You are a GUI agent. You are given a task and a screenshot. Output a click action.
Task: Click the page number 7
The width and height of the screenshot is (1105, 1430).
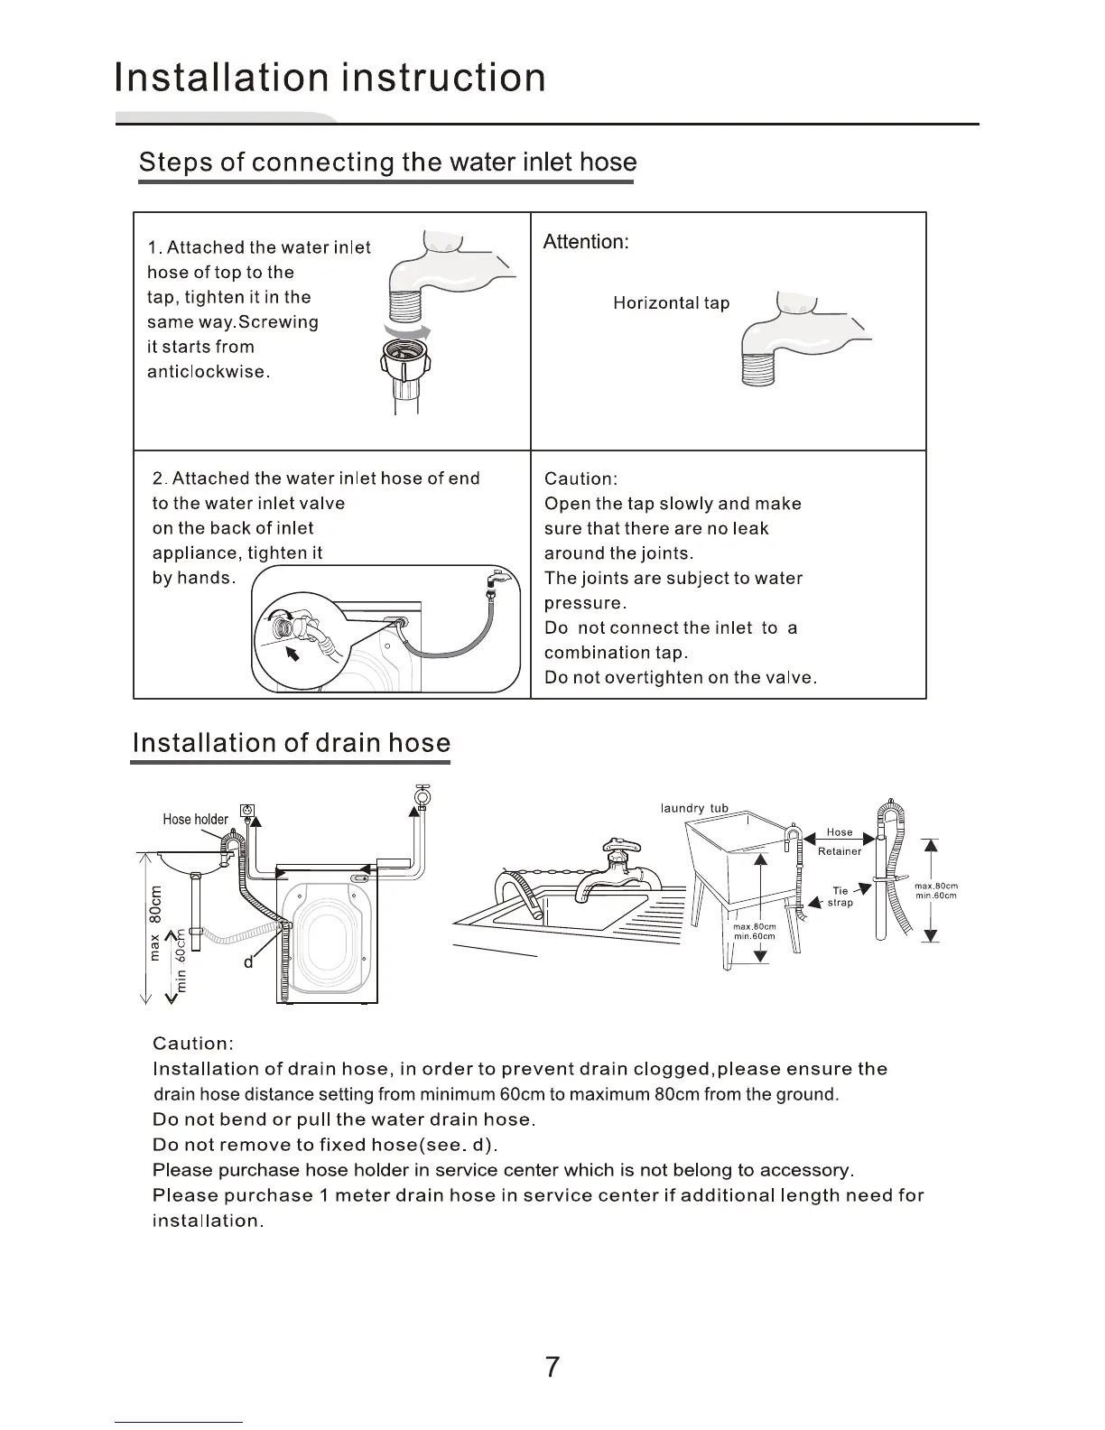[552, 1367]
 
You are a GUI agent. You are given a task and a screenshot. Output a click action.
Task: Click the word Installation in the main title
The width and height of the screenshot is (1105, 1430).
[224, 78]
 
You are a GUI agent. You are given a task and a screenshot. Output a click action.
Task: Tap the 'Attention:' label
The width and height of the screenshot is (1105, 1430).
[585, 242]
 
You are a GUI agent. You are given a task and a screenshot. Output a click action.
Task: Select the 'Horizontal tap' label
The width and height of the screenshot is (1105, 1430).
[671, 303]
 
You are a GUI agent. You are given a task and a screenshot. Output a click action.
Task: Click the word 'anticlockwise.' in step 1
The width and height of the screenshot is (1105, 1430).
[209, 372]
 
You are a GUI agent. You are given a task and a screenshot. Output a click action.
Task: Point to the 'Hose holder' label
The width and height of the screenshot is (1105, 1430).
[195, 819]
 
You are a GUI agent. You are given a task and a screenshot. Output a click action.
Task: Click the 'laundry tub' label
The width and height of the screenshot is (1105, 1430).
[694, 808]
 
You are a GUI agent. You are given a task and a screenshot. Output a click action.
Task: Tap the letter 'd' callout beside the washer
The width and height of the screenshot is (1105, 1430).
[248, 962]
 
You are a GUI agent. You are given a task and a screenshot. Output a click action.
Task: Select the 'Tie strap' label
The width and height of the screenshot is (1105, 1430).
[840, 896]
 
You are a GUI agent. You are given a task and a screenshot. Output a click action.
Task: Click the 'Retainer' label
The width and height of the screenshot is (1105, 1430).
[840, 851]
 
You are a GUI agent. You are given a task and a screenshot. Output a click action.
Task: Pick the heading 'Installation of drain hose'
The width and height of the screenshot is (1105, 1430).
[291, 743]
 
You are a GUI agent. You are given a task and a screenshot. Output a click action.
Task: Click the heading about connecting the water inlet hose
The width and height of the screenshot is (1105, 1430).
[387, 162]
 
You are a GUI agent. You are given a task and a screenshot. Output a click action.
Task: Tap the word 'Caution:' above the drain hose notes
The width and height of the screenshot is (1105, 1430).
[193, 1044]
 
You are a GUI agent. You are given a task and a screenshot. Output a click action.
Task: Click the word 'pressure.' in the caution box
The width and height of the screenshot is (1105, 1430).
[585, 603]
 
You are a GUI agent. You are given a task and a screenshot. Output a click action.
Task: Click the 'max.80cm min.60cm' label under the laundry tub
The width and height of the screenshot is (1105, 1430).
[754, 932]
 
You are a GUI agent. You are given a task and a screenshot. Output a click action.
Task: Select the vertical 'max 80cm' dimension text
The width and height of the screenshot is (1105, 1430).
[156, 924]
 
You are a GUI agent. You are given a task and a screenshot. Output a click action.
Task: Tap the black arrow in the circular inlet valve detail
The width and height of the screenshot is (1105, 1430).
[291, 654]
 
